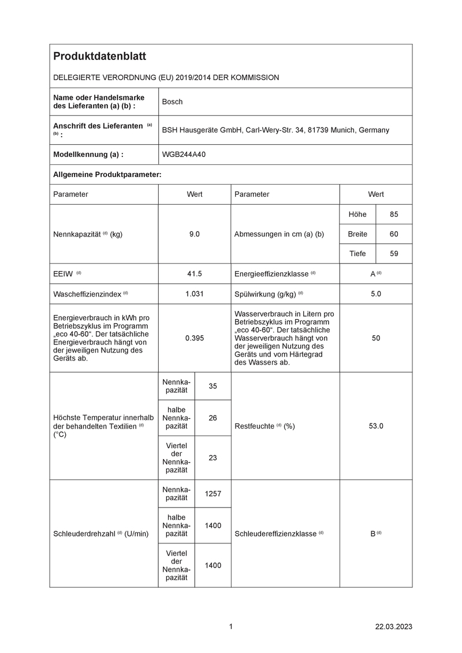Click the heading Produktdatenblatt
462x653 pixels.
pos(99,56)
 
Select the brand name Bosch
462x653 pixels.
pos(172,102)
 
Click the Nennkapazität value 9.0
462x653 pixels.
pos(194,235)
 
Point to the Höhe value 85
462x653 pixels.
pos(394,215)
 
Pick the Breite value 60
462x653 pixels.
pos(394,234)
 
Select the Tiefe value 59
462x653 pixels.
pos(394,253)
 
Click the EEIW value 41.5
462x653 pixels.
pos(194,273)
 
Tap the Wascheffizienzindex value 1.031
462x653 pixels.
pos(194,294)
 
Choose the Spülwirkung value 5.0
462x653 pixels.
pos(376,294)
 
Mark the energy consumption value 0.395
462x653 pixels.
pos(194,338)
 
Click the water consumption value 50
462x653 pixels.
pos(376,338)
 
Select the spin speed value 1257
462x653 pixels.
pos(213,494)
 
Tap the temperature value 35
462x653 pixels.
pos(213,386)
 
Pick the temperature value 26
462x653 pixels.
pos(213,417)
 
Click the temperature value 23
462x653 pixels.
pos(213,457)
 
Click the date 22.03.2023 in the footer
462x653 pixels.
pos(394,626)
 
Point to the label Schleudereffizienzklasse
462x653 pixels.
pos(276,534)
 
